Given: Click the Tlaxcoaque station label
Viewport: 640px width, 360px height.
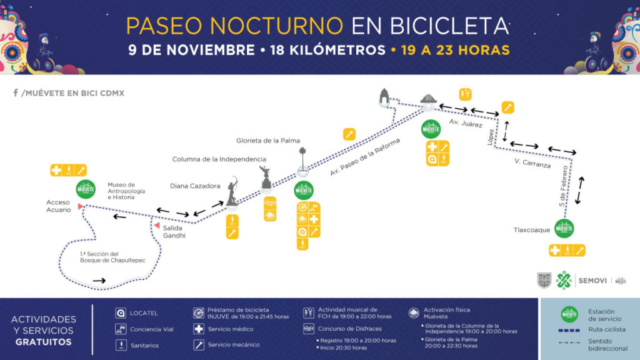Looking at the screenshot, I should click(532, 229).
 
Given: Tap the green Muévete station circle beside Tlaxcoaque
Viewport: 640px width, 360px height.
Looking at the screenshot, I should click(564, 229).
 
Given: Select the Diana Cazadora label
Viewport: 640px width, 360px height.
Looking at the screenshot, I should click(195, 186).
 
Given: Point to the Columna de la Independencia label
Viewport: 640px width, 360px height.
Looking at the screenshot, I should click(219, 159).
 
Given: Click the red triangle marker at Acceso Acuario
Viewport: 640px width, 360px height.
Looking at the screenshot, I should click(80, 206).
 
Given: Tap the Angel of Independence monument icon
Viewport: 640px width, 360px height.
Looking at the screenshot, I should click(264, 177).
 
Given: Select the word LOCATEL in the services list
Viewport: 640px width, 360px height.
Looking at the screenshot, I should click(144, 312).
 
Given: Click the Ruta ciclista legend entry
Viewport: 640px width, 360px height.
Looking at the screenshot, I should click(600, 329).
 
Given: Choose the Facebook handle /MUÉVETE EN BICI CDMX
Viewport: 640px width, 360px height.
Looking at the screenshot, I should click(69, 93).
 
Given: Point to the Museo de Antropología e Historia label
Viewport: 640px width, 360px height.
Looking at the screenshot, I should click(126, 191).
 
